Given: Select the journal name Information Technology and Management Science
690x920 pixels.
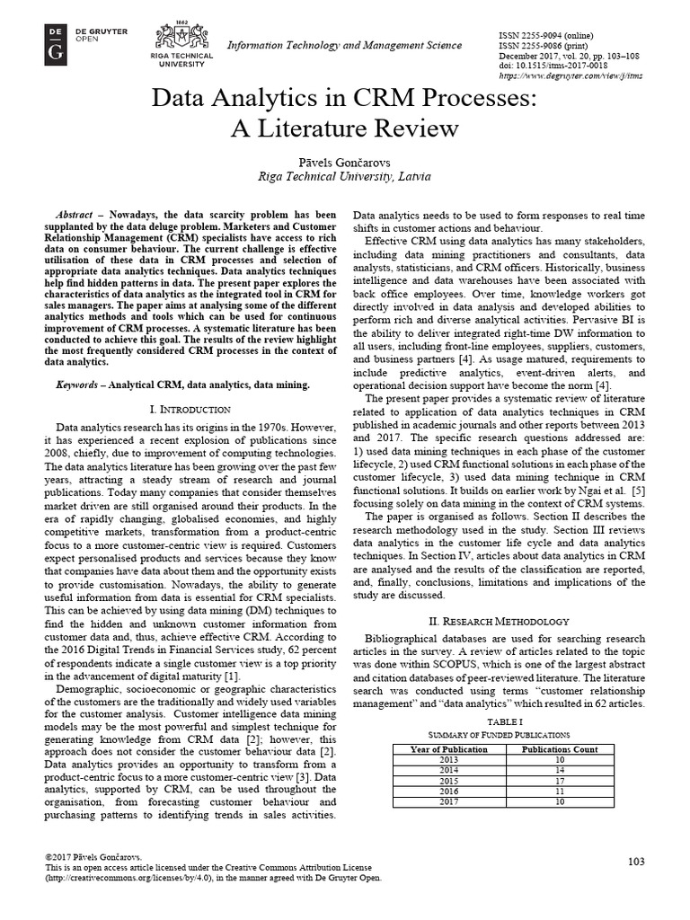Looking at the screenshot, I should coord(344,45).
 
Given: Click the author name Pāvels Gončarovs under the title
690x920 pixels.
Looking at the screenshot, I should coord(344,159).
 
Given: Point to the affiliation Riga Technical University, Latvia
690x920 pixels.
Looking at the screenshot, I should coord(344,176).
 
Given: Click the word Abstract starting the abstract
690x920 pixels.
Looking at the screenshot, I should coord(75,215).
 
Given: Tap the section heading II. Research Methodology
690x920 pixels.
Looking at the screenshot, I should coord(497,622).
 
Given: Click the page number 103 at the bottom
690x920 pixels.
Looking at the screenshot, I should coord(636,862).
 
